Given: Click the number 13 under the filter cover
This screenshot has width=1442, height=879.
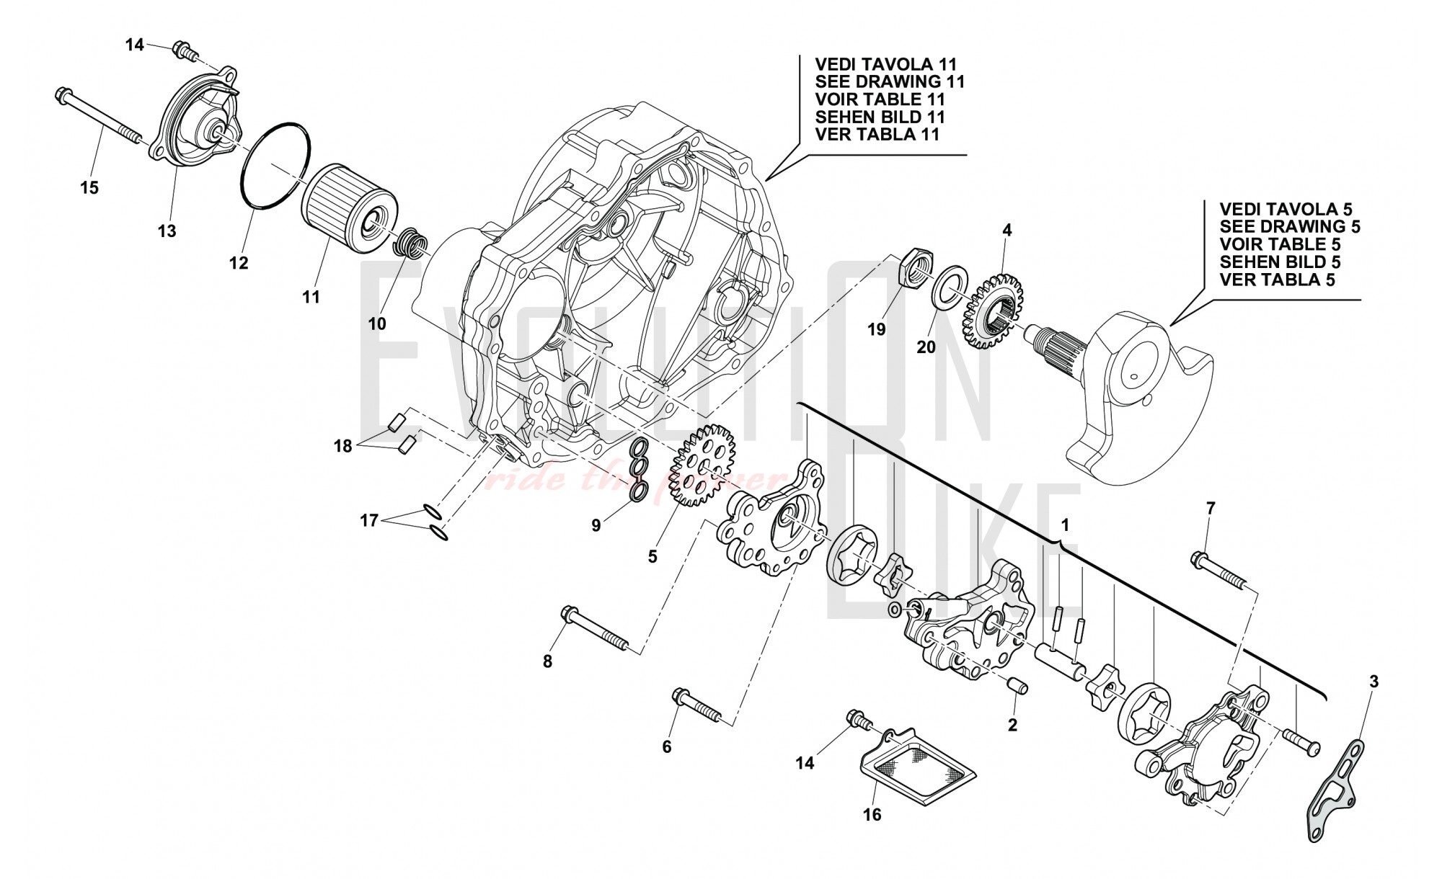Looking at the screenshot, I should click(x=167, y=231).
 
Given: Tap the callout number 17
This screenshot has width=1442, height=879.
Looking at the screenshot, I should click(x=368, y=520).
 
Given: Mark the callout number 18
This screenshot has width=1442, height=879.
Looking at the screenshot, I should click(x=342, y=447).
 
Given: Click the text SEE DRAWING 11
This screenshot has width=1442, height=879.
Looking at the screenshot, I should click(x=889, y=81).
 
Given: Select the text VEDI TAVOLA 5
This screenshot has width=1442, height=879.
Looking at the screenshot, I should click(x=1285, y=208).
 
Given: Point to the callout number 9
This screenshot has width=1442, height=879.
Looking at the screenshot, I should click(x=596, y=526).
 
